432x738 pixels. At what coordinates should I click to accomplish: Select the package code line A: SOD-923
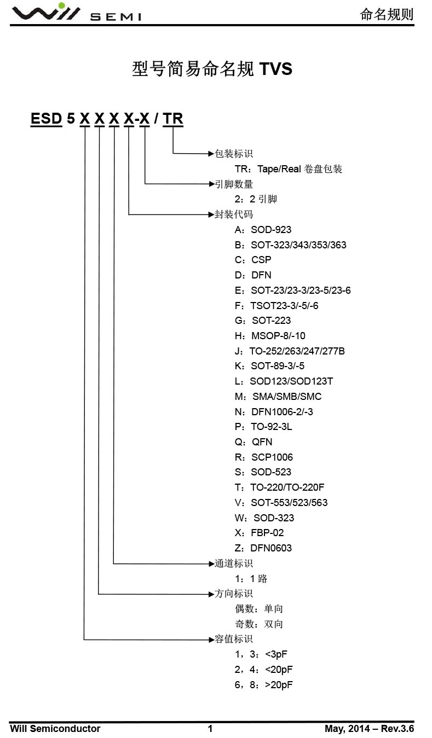click(x=263, y=230)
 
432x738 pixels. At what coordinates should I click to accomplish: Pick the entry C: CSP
click(x=253, y=260)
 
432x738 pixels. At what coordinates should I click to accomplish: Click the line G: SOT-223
click(x=263, y=321)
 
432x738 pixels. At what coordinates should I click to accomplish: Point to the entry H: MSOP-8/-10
click(x=270, y=336)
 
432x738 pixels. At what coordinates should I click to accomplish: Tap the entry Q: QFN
click(x=254, y=442)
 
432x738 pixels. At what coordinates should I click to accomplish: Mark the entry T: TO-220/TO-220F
click(x=280, y=487)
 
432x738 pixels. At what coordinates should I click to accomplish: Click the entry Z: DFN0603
click(x=263, y=548)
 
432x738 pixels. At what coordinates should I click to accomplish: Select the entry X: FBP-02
click(x=260, y=533)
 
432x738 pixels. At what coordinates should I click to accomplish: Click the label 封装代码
click(x=234, y=214)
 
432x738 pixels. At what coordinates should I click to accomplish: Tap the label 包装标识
click(x=234, y=154)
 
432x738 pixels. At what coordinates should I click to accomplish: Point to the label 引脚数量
click(x=234, y=184)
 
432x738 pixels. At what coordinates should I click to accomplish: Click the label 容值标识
click(x=234, y=639)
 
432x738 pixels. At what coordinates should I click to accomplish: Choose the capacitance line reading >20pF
click(x=264, y=685)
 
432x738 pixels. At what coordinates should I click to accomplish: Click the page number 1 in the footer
click(x=210, y=728)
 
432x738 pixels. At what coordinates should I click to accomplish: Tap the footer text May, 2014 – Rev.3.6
click(x=369, y=728)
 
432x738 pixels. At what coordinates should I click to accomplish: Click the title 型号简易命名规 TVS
click(x=212, y=69)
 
